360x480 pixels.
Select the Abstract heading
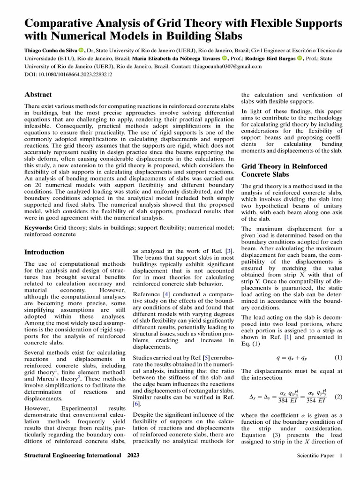[38, 94]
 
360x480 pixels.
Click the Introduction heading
[44, 252]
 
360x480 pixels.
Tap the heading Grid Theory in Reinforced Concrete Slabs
[284, 170]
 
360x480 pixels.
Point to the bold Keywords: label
[38, 227]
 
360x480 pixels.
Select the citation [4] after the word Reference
[166, 294]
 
